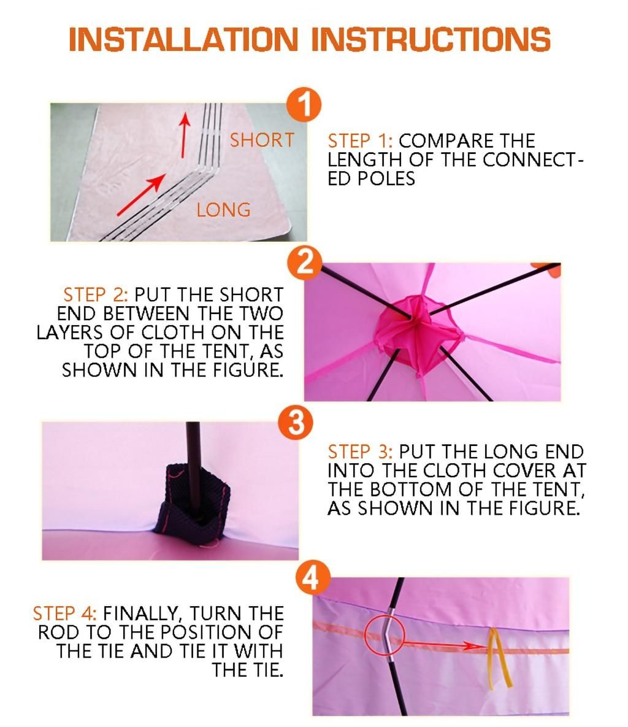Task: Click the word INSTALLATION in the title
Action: coord(183,39)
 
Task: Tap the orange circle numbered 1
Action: coord(304,104)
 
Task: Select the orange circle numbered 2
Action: coord(304,263)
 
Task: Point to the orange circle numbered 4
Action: coord(313,578)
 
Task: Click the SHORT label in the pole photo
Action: coord(262,140)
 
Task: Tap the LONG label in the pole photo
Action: coord(223,210)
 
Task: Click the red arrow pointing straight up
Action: coord(185,134)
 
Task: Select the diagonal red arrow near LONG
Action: coord(141,195)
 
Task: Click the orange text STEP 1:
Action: coord(360,141)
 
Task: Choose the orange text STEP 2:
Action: coord(96,295)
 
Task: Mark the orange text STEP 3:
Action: coord(360,452)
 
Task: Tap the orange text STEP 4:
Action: coord(65,614)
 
